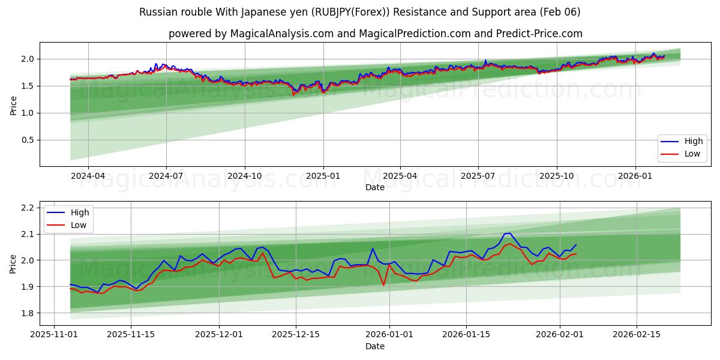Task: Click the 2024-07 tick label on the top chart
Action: (x=166, y=176)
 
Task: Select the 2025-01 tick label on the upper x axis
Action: (x=323, y=176)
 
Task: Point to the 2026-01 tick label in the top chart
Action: (x=635, y=176)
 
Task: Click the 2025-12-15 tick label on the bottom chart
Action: (x=295, y=335)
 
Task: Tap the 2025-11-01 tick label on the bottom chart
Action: (x=55, y=335)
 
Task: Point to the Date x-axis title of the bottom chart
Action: (x=375, y=346)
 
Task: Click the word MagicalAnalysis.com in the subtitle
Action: (x=281, y=34)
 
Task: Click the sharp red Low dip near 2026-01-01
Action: (x=383, y=284)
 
